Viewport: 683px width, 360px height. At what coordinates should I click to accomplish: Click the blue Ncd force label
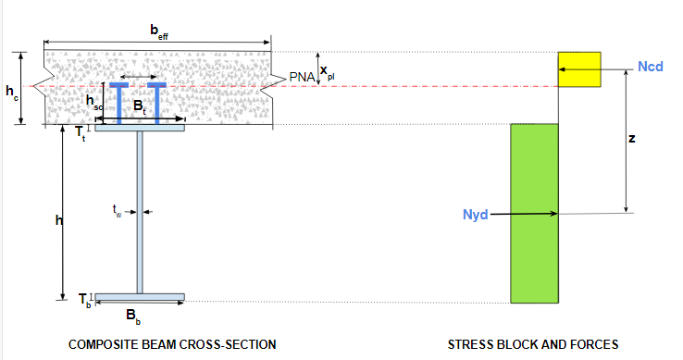point(651,67)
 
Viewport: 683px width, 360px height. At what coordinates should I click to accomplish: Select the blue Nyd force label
point(475,215)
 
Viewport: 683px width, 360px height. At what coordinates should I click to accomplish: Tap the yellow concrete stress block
point(579,69)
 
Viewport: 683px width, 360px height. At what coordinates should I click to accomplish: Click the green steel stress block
point(535,214)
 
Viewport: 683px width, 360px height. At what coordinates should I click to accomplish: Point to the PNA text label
point(302,77)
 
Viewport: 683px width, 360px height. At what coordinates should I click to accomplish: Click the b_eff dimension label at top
point(159,31)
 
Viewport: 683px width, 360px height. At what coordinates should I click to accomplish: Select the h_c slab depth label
point(12,92)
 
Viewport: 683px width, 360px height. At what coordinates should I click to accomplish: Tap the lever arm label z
point(631,139)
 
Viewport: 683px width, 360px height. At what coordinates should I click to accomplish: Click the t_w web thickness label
point(117,211)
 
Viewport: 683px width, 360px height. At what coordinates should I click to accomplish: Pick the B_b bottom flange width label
point(133,316)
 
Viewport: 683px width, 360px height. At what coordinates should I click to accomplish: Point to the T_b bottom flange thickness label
point(84,300)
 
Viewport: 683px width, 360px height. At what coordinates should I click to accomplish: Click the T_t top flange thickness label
point(81,133)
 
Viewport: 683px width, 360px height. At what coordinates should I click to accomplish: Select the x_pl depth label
point(327,72)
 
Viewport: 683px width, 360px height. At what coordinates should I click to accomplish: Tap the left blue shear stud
point(118,104)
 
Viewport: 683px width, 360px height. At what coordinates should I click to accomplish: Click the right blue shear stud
point(156,104)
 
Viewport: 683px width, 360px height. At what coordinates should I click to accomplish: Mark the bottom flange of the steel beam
point(140,297)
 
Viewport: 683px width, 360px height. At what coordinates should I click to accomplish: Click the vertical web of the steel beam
point(140,212)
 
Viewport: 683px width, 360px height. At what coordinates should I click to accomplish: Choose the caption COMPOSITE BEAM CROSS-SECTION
point(172,345)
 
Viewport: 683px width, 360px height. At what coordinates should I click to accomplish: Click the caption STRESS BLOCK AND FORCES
point(533,345)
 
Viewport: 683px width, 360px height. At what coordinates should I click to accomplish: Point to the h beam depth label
point(59,220)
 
